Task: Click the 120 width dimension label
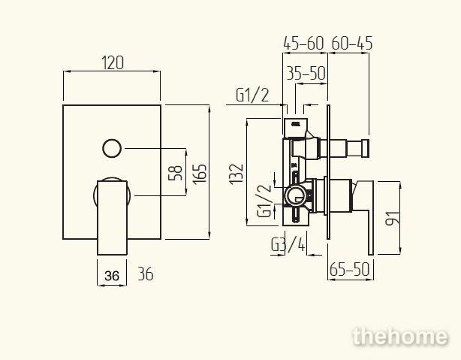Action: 113,62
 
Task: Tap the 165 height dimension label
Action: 200,174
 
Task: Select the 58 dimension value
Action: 175,173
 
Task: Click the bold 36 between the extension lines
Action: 112,276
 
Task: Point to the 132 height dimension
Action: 237,174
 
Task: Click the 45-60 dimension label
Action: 303,44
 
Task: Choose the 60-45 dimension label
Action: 352,44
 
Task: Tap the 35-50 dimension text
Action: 306,74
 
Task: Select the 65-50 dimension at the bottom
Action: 349,269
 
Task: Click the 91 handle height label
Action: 393,218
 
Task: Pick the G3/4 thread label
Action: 288,245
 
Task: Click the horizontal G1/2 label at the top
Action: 252,95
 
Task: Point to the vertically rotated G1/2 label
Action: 264,201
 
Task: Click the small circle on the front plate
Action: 112,148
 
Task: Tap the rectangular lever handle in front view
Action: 112,217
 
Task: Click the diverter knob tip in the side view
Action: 366,148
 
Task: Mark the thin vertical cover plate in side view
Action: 328,174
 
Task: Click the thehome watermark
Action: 400,337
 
